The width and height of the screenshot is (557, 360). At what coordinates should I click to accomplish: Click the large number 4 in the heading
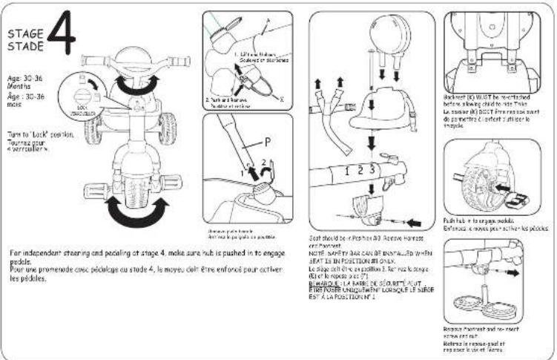(x=62, y=37)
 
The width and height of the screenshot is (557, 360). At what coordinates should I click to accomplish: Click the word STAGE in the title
(x=24, y=33)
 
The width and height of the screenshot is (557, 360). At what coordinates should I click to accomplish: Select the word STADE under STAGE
(x=24, y=45)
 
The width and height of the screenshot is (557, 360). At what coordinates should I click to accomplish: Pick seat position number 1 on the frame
(x=347, y=171)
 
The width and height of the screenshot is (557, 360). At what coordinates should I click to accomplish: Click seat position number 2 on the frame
(x=360, y=171)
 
